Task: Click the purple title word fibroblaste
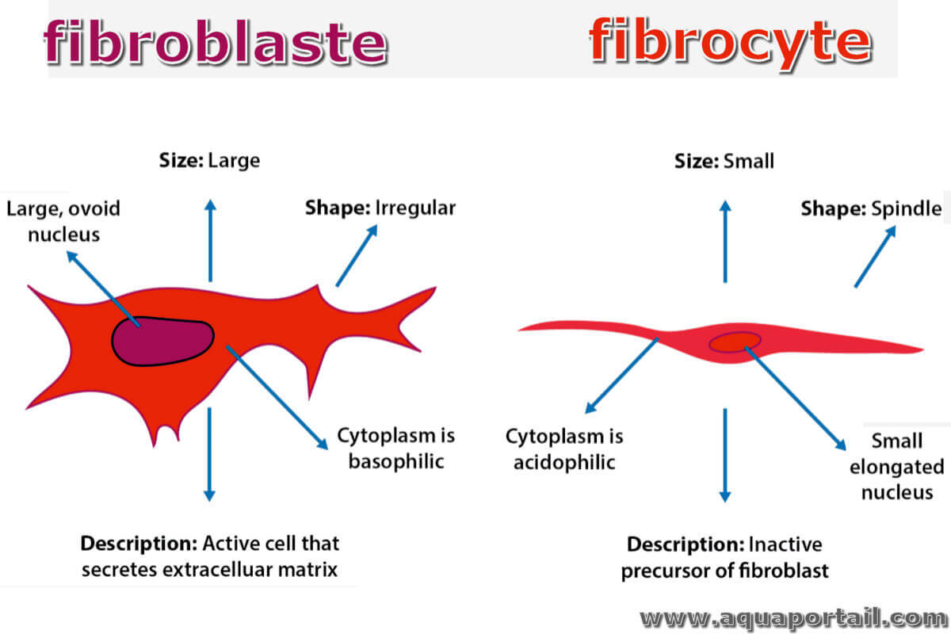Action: pyautogui.click(x=216, y=43)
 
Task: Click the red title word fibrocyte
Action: pyautogui.click(x=731, y=43)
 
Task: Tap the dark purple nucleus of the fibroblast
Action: pyautogui.click(x=162, y=341)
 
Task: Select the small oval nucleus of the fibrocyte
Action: pyautogui.click(x=735, y=342)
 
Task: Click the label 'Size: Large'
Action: pyautogui.click(x=209, y=161)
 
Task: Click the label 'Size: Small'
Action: pyautogui.click(x=724, y=162)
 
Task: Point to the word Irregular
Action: pyautogui.click(x=415, y=208)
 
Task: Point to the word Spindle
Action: pyautogui.click(x=907, y=208)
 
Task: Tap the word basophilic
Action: pyautogui.click(x=396, y=461)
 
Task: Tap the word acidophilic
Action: pyautogui.click(x=564, y=463)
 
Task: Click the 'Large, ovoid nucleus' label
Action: pyautogui.click(x=63, y=221)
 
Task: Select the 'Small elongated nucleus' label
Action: pyautogui.click(x=896, y=467)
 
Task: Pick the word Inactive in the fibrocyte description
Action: pyautogui.click(x=785, y=544)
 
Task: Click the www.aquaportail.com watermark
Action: pyautogui.click(x=794, y=619)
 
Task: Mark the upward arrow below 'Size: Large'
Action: pyautogui.click(x=210, y=240)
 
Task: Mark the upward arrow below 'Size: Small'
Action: pyautogui.click(x=725, y=241)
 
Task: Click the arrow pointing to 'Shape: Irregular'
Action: pyautogui.click(x=357, y=256)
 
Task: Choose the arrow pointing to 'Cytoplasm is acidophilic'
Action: pyautogui.click(x=621, y=376)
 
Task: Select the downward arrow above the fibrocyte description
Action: pyautogui.click(x=725, y=455)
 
